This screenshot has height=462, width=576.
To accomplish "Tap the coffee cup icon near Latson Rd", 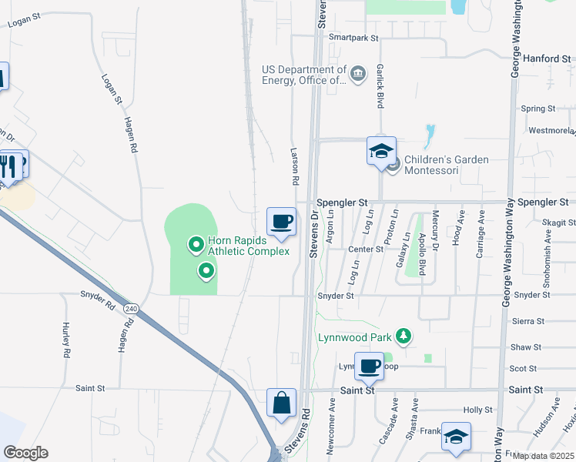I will [x=281, y=222].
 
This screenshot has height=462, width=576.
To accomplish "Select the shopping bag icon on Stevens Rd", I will [x=281, y=403].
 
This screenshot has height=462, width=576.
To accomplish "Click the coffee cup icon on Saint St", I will [x=370, y=366].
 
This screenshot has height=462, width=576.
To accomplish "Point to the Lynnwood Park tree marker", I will [x=402, y=336].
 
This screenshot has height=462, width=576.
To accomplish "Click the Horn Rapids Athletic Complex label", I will [x=249, y=246].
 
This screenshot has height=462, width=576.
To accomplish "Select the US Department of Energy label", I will [x=304, y=74].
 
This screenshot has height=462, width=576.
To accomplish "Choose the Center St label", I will [x=365, y=249].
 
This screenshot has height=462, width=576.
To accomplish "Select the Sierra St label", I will [x=528, y=321].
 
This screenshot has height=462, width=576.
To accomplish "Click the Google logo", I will [x=26, y=453].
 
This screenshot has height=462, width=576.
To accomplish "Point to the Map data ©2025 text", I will [x=542, y=456].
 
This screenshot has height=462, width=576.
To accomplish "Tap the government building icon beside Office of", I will [x=358, y=75].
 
